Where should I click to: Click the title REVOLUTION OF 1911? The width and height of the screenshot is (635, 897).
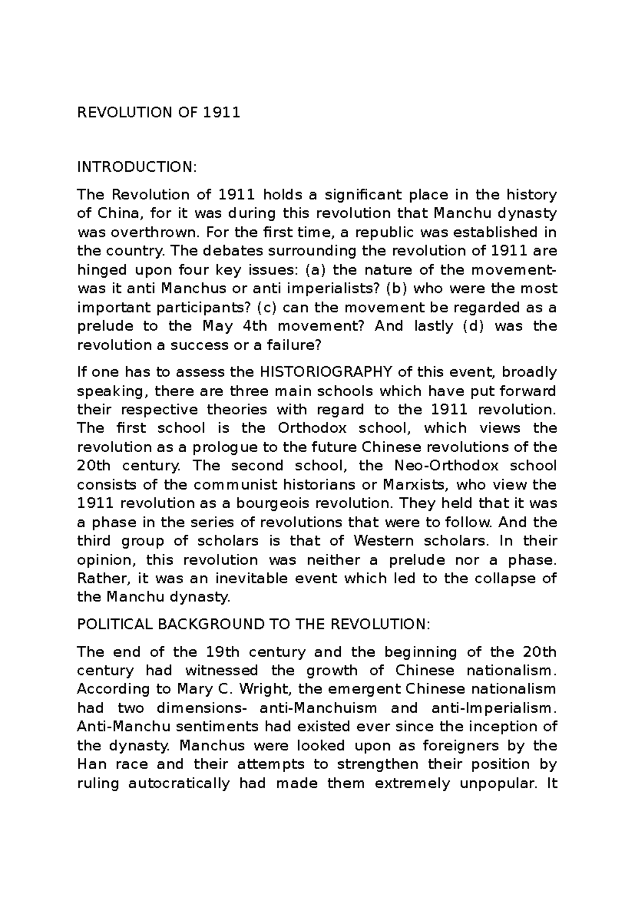pyautogui.click(x=159, y=113)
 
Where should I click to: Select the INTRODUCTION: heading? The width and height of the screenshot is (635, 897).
pyautogui.click(x=137, y=168)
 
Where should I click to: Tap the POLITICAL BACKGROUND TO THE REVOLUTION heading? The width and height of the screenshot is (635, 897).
pyautogui.click(x=254, y=625)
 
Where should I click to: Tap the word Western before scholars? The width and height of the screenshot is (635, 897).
pyautogui.click(x=384, y=541)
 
